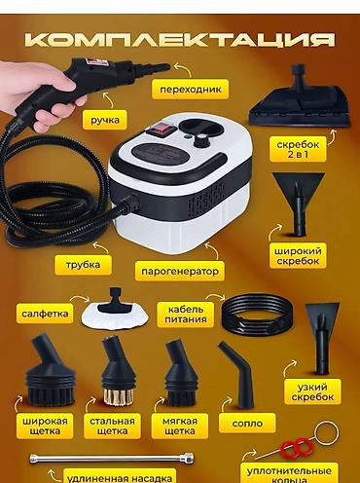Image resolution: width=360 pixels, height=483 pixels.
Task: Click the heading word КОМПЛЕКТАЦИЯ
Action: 180,40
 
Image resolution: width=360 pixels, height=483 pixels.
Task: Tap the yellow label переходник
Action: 190,90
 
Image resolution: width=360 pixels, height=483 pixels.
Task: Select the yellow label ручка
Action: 105,120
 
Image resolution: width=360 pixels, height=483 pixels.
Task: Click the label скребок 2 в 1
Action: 298,149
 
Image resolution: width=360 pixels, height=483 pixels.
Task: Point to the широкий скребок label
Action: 298,256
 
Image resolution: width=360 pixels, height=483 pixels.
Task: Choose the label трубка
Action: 83,265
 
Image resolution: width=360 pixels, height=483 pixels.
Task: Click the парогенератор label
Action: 180,271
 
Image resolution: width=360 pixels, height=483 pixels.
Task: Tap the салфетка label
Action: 45,314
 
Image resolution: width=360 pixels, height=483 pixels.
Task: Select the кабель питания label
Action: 186,315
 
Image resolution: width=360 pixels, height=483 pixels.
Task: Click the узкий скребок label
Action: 312,391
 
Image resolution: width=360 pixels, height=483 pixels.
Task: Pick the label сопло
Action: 247,424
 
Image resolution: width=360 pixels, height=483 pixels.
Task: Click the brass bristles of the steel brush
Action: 119,396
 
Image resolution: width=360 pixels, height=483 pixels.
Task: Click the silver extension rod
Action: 112,458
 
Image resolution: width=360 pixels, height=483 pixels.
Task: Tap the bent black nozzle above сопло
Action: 238,374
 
